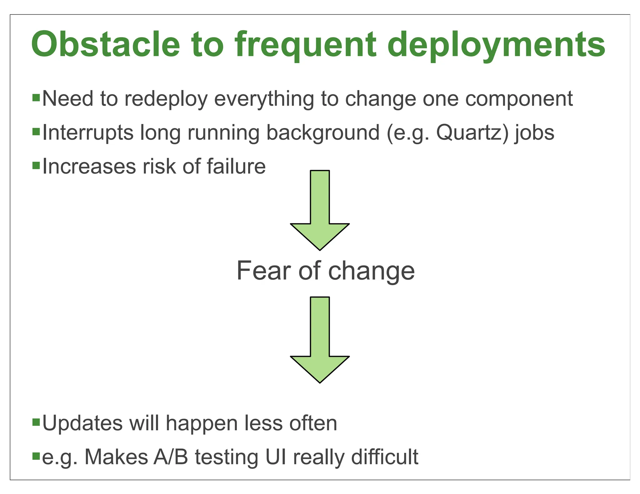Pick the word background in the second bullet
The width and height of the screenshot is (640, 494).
323,133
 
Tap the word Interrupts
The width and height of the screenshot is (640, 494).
88,133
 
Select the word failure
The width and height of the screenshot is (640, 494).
236,166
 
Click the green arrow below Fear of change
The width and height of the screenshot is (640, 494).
320,347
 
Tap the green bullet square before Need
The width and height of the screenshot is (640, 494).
36,98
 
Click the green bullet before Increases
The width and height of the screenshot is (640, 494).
36,165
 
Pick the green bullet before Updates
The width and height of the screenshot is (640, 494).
36,422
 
